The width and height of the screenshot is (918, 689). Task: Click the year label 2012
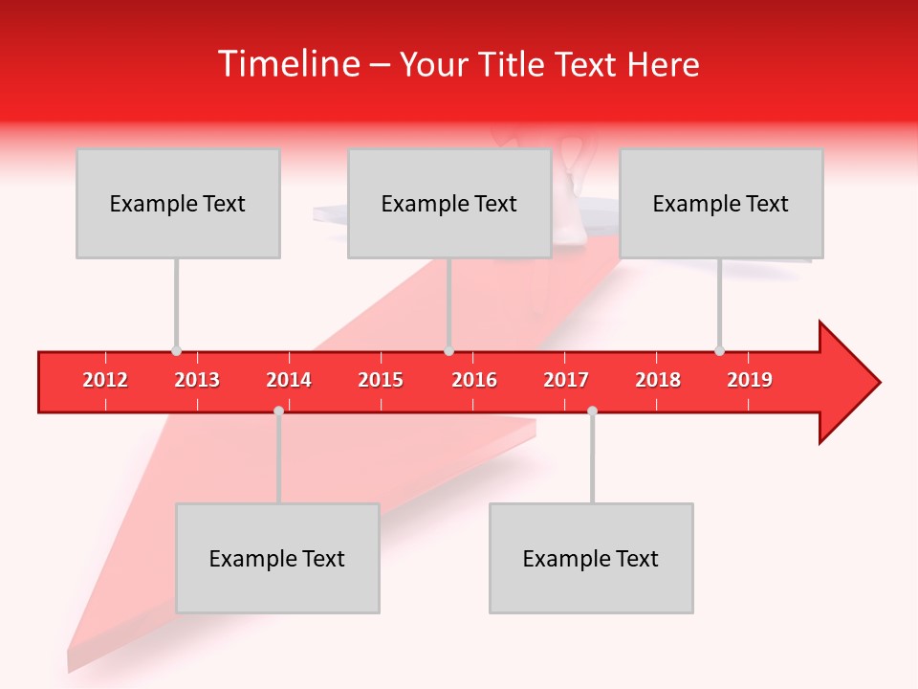point(105,380)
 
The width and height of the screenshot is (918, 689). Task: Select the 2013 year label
point(197,380)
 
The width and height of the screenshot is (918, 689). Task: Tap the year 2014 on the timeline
point(289,380)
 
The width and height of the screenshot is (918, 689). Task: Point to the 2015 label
point(381,380)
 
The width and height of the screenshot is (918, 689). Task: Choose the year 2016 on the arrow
point(474,380)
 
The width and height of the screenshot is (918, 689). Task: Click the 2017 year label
point(566,380)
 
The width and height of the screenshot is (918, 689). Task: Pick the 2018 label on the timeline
point(658,380)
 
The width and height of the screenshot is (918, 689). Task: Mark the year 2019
point(750,380)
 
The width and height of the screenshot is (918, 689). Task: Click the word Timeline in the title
point(288,64)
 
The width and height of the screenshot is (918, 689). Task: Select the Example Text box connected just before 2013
point(178,203)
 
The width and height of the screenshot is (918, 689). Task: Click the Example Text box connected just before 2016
point(449,203)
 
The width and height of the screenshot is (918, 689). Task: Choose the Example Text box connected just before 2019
point(721,203)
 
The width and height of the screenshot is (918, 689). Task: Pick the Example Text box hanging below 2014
point(277,558)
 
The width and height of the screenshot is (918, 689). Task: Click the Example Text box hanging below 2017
point(591,558)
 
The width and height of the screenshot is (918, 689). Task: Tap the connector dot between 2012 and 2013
point(176,351)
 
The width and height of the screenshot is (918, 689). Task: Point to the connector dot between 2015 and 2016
point(448,351)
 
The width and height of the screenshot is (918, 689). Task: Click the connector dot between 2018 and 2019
point(719,351)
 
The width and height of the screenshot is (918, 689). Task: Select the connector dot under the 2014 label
point(278,411)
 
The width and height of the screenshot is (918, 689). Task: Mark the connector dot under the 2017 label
point(592,411)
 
